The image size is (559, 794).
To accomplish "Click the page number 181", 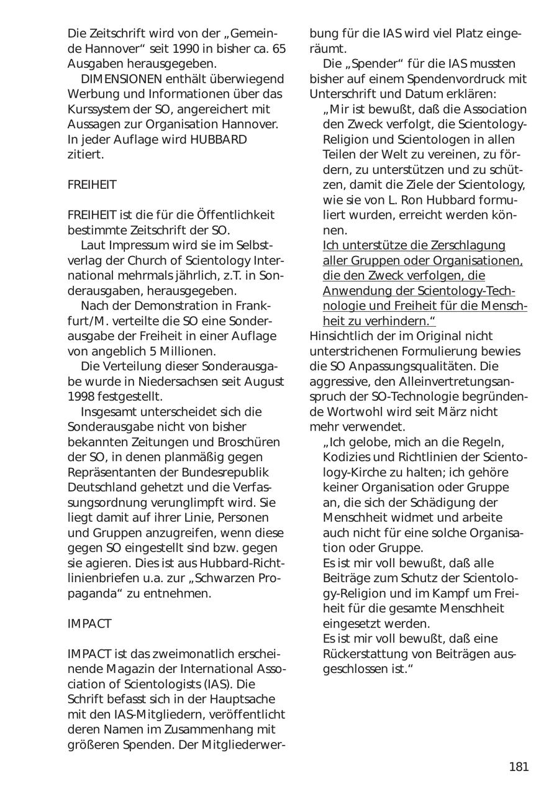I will pos(519,767).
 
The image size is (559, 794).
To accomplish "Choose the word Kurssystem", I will pos(102,109).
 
